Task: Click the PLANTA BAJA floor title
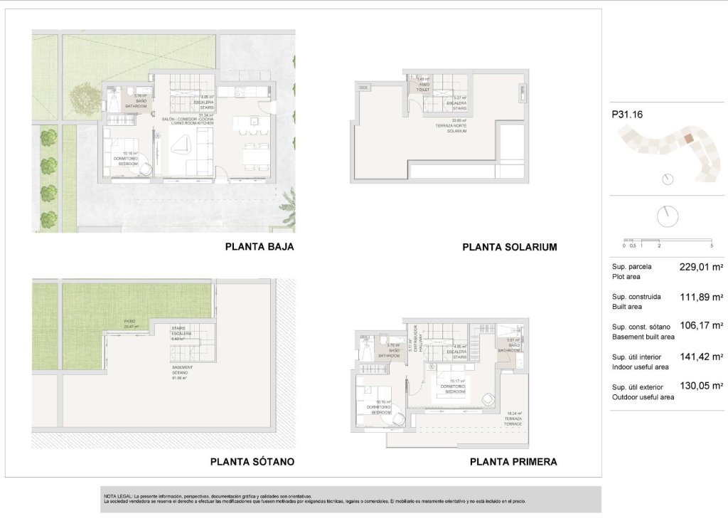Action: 259,248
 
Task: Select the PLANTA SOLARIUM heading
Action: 509,248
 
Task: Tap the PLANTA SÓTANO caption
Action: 252,462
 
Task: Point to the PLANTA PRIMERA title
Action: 513,462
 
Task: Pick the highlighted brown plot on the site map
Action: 689,139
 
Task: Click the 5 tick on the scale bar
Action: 712,246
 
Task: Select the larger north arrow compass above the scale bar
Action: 667,216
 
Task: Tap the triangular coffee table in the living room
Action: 182,144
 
